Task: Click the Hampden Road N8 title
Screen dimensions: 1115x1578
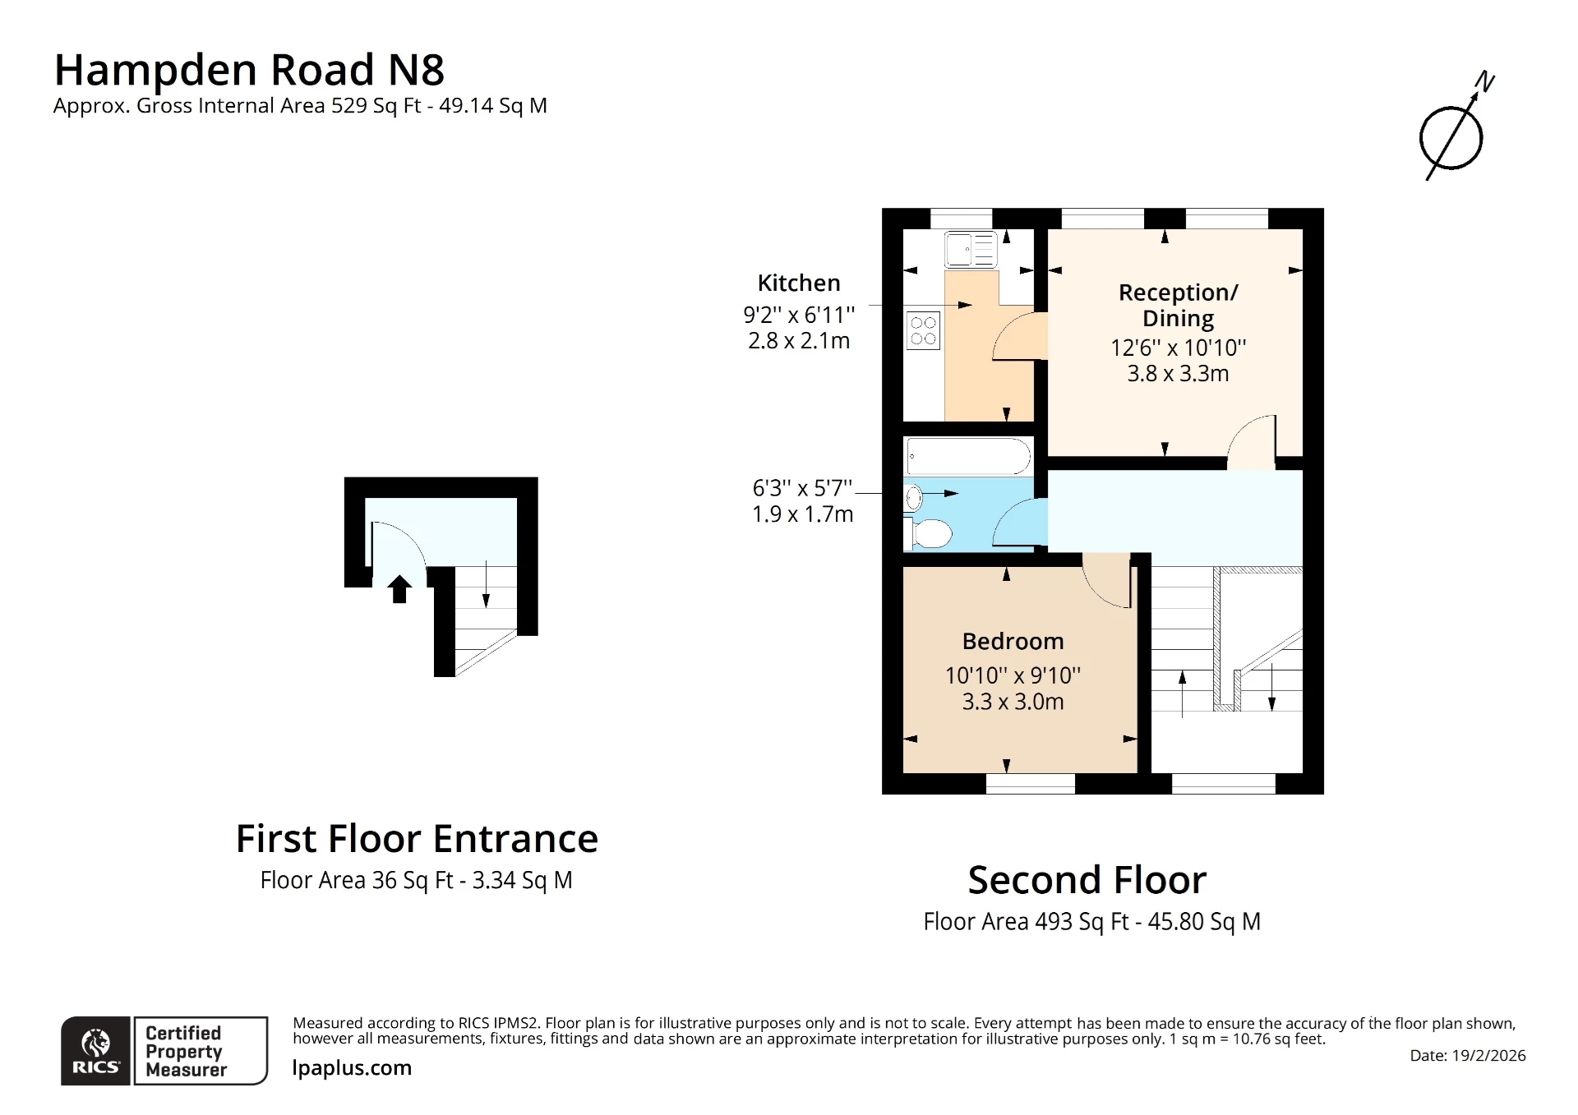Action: coord(249,70)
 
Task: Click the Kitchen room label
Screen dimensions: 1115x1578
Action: coord(799,283)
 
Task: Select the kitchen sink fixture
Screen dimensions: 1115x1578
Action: coord(971,250)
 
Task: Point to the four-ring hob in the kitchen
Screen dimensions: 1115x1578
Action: coord(923,330)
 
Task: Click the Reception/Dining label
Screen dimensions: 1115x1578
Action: coord(1178,305)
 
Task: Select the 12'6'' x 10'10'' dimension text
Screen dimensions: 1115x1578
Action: coord(1178,348)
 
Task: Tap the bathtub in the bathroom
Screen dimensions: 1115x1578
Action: coord(968,456)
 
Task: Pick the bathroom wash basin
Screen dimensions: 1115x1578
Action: coord(913,498)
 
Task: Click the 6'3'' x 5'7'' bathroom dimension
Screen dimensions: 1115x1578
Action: coord(802,488)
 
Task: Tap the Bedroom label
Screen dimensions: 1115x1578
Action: coord(1013,642)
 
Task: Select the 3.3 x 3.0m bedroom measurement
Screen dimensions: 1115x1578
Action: coord(1013,702)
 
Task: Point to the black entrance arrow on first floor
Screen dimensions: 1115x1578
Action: coord(399,588)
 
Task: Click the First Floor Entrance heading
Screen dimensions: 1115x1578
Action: coord(417,839)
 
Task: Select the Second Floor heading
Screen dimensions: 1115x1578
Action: coord(1087,881)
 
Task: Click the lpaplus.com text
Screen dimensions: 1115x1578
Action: coord(352,1068)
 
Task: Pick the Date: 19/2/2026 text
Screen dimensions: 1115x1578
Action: coord(1467,1056)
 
